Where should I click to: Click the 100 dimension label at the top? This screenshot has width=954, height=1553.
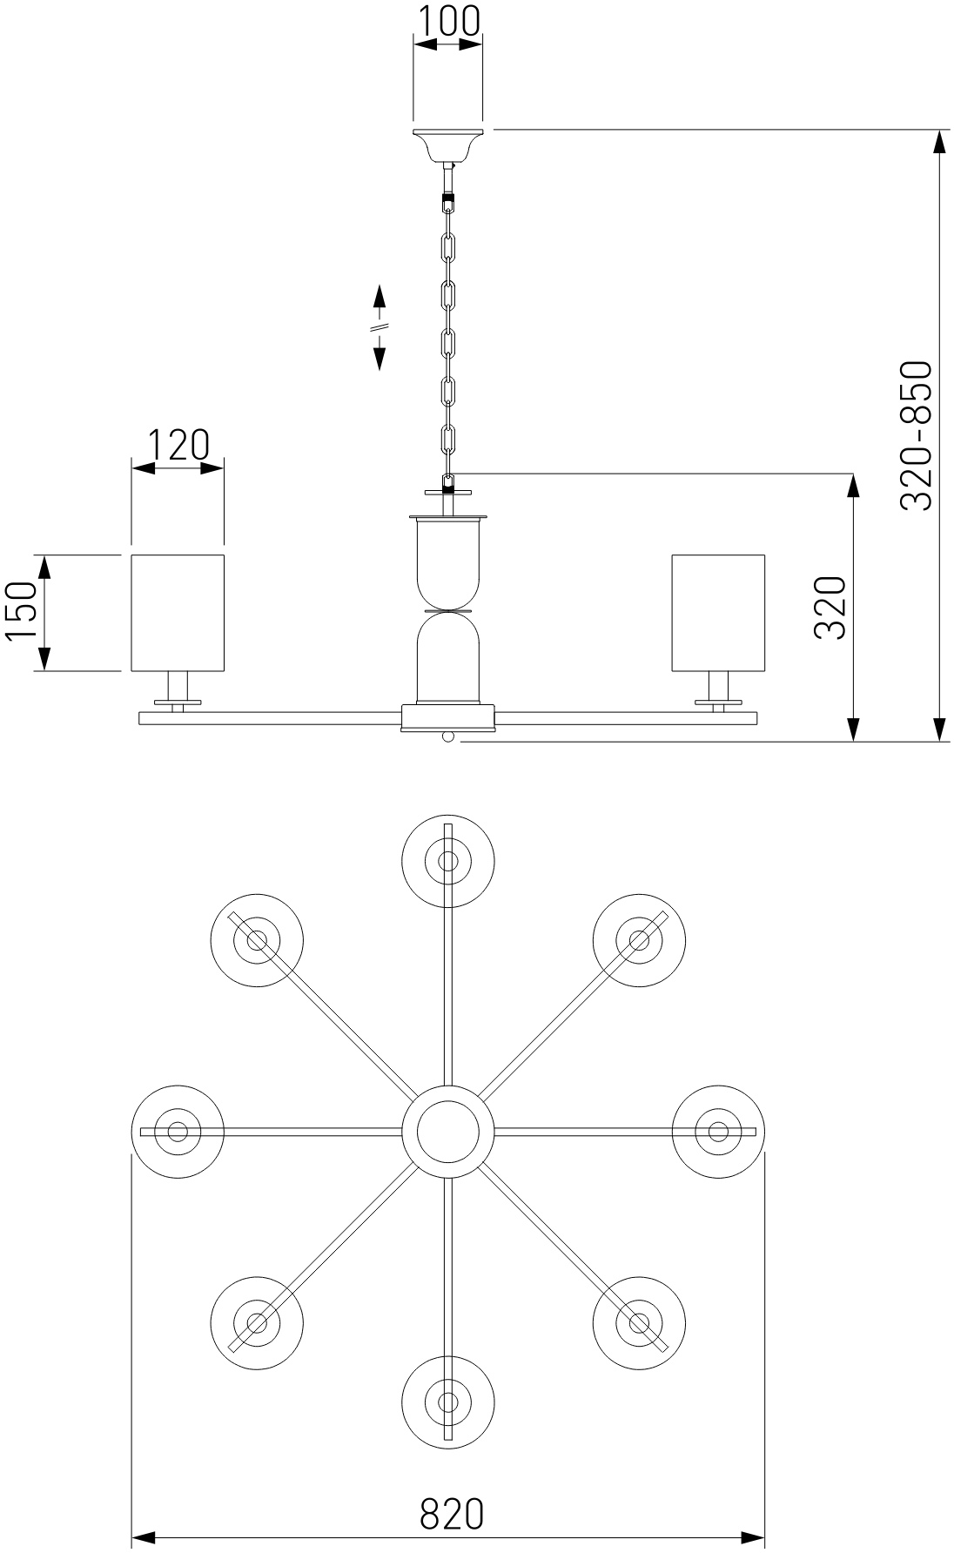(447, 22)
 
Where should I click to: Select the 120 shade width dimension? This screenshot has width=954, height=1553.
(178, 445)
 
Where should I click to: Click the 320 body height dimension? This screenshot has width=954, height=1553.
(830, 608)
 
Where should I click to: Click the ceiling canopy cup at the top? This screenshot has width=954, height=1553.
(447, 145)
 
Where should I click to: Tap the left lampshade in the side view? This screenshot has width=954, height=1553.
(178, 613)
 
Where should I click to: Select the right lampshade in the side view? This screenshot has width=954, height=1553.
(718, 613)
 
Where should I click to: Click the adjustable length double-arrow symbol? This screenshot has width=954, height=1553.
(380, 327)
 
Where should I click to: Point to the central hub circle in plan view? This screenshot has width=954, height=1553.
(447, 1131)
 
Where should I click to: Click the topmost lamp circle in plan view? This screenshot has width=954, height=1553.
(447, 861)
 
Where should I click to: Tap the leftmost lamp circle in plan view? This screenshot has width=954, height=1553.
(178, 1131)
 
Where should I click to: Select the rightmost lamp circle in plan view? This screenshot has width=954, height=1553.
(718, 1131)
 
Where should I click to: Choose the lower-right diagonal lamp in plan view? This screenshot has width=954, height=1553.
(639, 1322)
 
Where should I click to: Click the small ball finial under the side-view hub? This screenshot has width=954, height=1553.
(447, 736)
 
